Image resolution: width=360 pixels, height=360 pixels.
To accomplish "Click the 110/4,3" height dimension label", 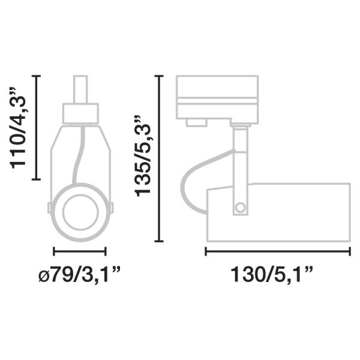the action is (17, 128).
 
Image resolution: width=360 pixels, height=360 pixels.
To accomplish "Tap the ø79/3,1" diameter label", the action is (80, 274).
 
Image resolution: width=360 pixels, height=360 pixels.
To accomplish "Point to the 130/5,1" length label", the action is (272, 274).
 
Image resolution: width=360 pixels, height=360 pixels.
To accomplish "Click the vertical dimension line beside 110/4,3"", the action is (36, 127).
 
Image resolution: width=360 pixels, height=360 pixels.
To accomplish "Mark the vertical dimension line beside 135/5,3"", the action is (159, 158).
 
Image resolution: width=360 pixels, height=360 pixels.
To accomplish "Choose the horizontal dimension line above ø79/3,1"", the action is (80, 251).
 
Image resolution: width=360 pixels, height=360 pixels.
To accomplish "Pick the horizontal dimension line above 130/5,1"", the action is (278, 251).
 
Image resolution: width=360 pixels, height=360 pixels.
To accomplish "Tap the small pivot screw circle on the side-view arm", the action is (241, 208).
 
